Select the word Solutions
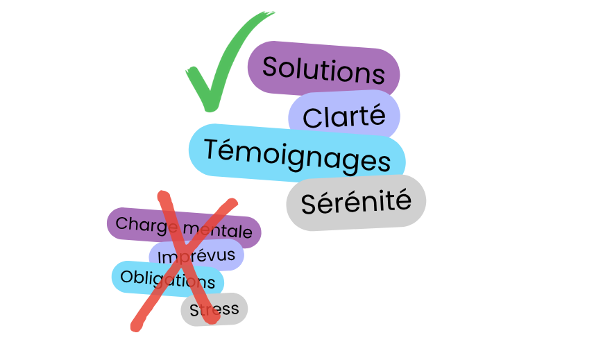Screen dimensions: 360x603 (x=323, y=70)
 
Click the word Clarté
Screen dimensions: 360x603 (x=343, y=117)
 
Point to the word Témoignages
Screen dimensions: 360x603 (x=297, y=155)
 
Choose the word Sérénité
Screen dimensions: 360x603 (x=356, y=203)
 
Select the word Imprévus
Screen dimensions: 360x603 (x=196, y=257)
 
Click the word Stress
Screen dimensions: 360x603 (x=214, y=309)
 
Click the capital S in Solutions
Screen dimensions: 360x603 (x=271, y=67)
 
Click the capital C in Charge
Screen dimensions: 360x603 (x=121, y=223)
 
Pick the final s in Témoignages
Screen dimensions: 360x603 (x=384, y=162)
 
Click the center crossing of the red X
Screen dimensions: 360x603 (x=183, y=258)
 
